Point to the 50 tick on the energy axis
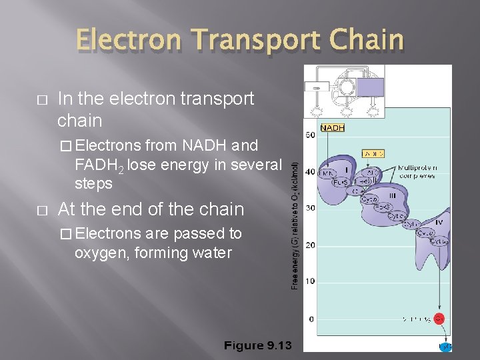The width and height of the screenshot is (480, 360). [x=310, y=135]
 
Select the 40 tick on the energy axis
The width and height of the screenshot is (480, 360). [x=310, y=172]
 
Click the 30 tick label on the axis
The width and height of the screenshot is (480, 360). [x=310, y=208]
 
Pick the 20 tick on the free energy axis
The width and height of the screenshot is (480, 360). [x=310, y=245]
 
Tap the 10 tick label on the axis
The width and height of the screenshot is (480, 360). [x=310, y=281]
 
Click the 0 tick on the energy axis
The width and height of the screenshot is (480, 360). [x=311, y=319]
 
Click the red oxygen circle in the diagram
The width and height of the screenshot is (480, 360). [x=439, y=319]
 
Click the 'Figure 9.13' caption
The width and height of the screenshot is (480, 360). [x=258, y=346]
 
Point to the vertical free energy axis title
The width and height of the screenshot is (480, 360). [x=295, y=220]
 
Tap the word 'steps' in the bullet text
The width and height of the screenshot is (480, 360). [x=94, y=183]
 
